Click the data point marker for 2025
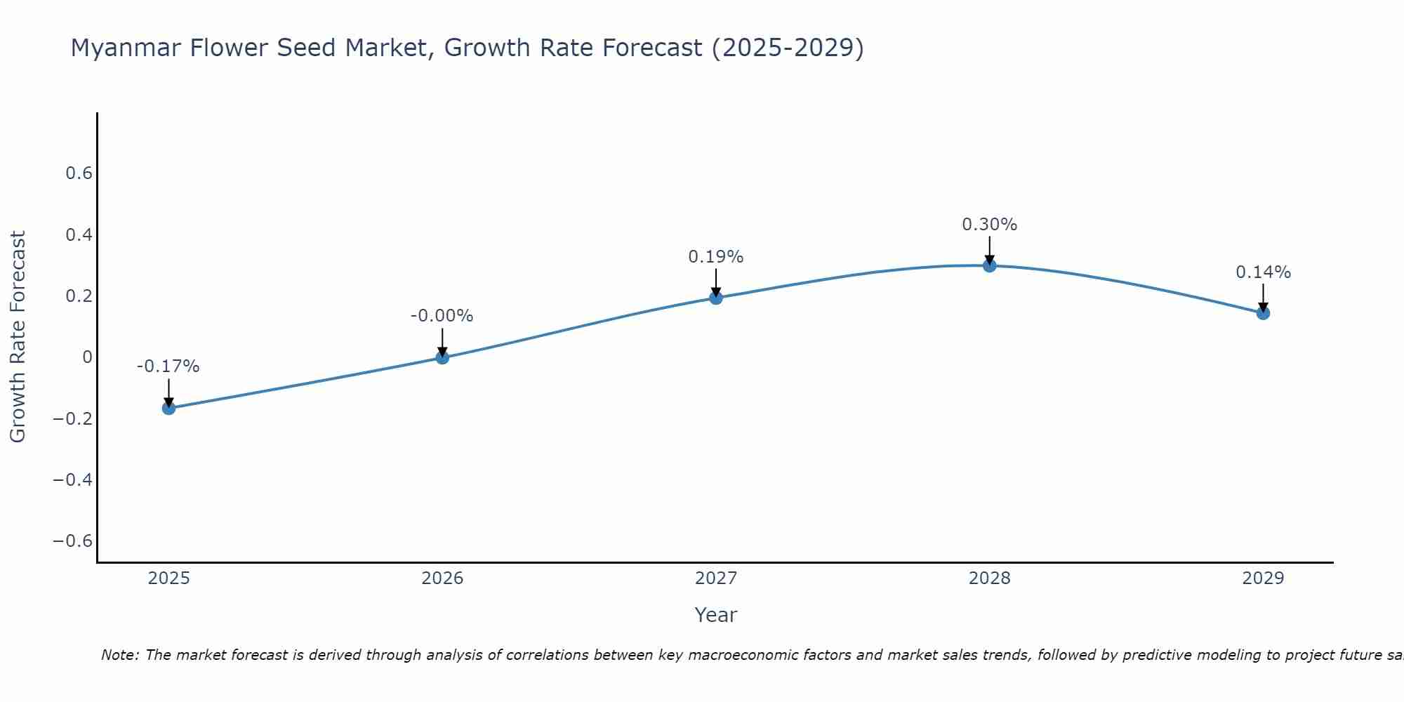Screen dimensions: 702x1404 click(x=168, y=408)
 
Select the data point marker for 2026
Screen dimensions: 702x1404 click(x=442, y=357)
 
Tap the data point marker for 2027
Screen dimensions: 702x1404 click(x=716, y=298)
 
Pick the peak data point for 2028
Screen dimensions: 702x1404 click(x=990, y=265)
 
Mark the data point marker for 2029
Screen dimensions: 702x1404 click(x=1263, y=313)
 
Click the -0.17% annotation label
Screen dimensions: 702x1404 click(x=168, y=366)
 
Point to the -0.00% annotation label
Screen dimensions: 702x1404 click(x=442, y=316)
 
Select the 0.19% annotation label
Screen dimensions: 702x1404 click(x=716, y=257)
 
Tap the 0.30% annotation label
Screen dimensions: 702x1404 click(x=990, y=225)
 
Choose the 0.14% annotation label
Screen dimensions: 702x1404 click(x=1263, y=272)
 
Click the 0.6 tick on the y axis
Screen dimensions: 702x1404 click(x=79, y=173)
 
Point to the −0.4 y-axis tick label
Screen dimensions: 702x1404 click(x=73, y=480)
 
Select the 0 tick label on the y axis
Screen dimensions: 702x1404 click(x=88, y=357)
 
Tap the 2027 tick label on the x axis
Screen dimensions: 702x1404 click(x=716, y=578)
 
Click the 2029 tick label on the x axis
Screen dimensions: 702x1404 click(x=1263, y=578)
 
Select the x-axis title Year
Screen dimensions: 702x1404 click(x=716, y=616)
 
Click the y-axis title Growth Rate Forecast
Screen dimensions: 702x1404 click(x=18, y=337)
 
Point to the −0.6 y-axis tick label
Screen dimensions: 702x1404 click(x=73, y=541)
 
